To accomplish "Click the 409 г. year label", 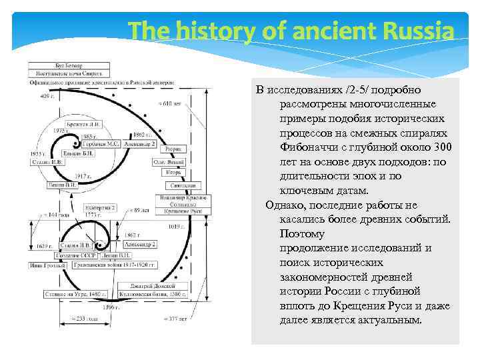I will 47,96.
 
